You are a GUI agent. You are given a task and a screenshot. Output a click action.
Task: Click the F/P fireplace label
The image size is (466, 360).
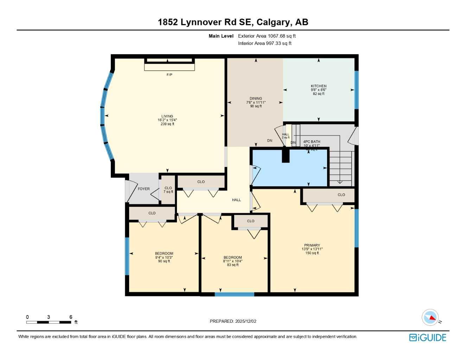(x=169, y=75)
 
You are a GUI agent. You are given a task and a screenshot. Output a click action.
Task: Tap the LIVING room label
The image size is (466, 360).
(x=167, y=116)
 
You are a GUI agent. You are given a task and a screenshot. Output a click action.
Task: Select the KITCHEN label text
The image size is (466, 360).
(x=318, y=86)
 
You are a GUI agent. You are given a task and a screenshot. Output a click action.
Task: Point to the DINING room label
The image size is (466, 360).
(x=256, y=99)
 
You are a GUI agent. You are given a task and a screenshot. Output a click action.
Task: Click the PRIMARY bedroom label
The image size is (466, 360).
(x=312, y=245)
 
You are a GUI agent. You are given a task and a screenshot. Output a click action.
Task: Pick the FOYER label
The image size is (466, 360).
(x=143, y=189)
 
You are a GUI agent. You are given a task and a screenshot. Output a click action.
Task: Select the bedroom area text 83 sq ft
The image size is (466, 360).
(x=232, y=265)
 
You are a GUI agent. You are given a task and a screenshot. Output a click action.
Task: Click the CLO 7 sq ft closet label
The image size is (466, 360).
(x=168, y=190)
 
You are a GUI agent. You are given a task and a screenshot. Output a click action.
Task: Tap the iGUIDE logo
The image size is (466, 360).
(x=428, y=338)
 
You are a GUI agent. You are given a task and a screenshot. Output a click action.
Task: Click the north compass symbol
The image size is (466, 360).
(x=430, y=318)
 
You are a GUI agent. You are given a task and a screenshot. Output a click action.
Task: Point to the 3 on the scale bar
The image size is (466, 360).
(x=49, y=317)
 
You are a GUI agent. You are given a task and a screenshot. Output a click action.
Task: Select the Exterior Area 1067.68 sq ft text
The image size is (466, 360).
(x=267, y=36)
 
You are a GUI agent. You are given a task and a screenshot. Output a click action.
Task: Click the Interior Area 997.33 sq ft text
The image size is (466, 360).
(x=264, y=44)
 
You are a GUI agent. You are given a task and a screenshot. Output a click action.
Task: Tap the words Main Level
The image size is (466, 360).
(x=221, y=36)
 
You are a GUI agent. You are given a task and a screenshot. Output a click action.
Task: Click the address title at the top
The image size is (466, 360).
(x=233, y=22)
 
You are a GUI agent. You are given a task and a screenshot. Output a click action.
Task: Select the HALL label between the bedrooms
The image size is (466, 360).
(x=236, y=200)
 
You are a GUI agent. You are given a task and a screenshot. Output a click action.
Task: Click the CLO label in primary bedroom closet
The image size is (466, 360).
(x=341, y=195)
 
